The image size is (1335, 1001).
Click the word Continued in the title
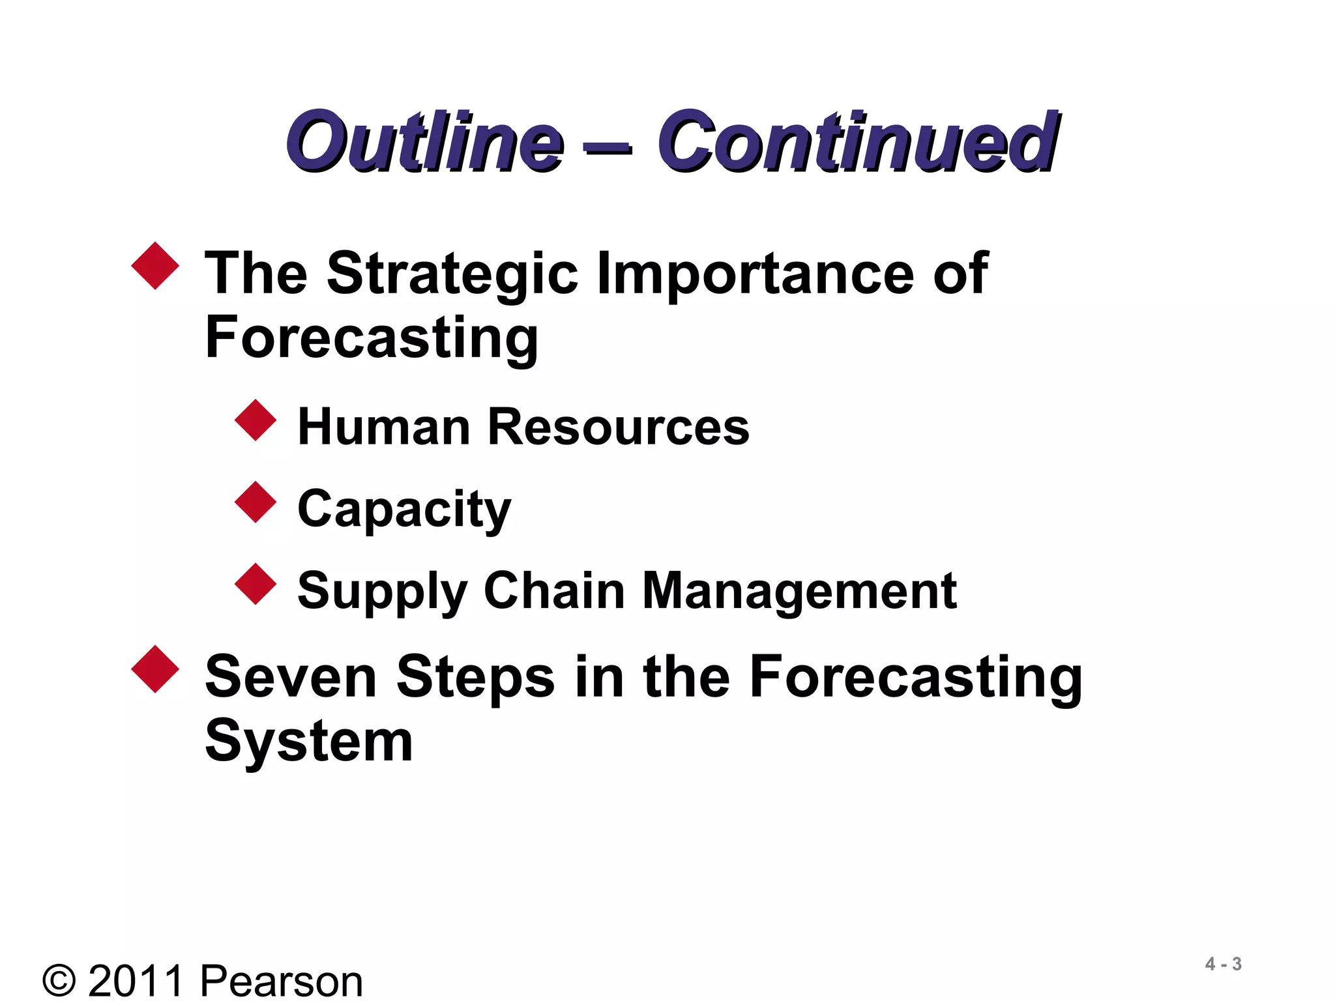click(857, 141)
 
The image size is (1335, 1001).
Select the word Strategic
click(452, 274)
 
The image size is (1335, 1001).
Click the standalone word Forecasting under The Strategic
click(372, 338)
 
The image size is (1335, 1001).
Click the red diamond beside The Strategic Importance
click(155, 265)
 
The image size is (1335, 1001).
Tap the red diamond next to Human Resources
click(256, 420)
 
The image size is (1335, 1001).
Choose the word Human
click(383, 428)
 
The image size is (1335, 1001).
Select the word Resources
click(619, 428)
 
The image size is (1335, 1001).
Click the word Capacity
click(404, 510)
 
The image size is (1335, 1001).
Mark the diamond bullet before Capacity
click(256, 502)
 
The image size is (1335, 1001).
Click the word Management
click(799, 590)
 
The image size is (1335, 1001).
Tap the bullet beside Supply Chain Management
click(256, 584)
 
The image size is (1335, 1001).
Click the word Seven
click(291, 677)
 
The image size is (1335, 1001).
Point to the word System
click(309, 742)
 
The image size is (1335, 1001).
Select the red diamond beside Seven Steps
click(155, 669)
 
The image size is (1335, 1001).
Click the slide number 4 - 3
click(1223, 964)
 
